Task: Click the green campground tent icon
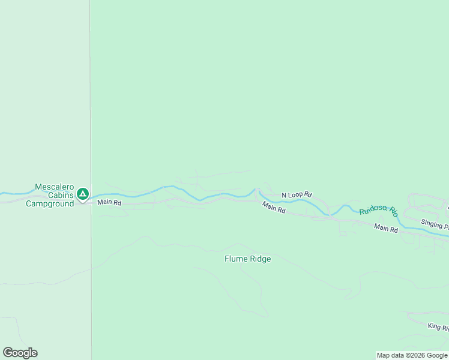click(83, 194)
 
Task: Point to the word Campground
click(49, 203)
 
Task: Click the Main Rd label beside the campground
click(109, 203)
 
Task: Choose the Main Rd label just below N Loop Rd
click(274, 207)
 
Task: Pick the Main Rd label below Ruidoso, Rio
click(385, 228)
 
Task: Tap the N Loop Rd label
click(297, 195)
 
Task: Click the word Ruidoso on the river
click(373, 209)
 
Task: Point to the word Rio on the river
click(393, 211)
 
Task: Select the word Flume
click(235, 259)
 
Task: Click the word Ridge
click(259, 259)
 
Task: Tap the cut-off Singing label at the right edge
click(434, 224)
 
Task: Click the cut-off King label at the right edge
click(438, 327)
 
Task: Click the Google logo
click(20, 353)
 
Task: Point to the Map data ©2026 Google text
click(412, 355)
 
